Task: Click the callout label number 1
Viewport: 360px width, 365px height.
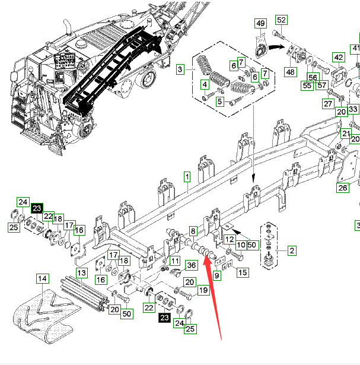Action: [x=186, y=177]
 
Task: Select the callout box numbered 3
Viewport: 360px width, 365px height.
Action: [x=180, y=70]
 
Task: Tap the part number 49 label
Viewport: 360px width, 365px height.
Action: [x=261, y=23]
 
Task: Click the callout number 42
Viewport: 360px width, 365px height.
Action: [x=338, y=58]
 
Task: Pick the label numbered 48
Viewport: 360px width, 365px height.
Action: [x=290, y=72]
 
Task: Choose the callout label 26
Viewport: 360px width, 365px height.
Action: [x=343, y=188]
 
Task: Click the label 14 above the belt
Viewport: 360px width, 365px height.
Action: [x=42, y=278]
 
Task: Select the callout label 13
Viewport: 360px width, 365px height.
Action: [x=81, y=272]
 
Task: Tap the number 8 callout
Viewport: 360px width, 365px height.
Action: [x=192, y=230]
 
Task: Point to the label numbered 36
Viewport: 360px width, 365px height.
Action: [x=192, y=265]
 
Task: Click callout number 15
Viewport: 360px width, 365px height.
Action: [x=242, y=272]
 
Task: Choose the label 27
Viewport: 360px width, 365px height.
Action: [x=327, y=104]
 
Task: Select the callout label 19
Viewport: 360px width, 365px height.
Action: [x=203, y=291]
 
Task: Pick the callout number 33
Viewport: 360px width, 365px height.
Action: [x=352, y=109]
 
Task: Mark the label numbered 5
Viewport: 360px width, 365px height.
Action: [x=219, y=101]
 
